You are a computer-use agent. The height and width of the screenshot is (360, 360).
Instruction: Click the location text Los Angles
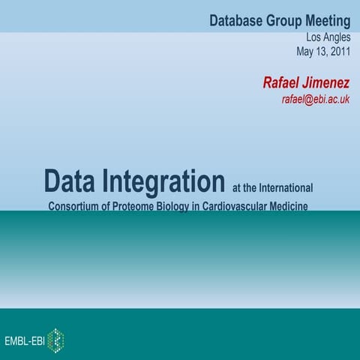tap(328, 37)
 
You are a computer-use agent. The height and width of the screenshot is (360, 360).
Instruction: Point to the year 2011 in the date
tap(338, 52)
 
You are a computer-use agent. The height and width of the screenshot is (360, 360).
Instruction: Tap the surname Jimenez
tap(328, 82)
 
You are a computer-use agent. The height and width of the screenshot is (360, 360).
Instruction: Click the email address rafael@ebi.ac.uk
tap(316, 99)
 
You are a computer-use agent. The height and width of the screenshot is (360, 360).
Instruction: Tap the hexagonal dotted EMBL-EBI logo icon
tap(55, 340)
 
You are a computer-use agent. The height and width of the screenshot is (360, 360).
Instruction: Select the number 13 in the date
tap(322, 52)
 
